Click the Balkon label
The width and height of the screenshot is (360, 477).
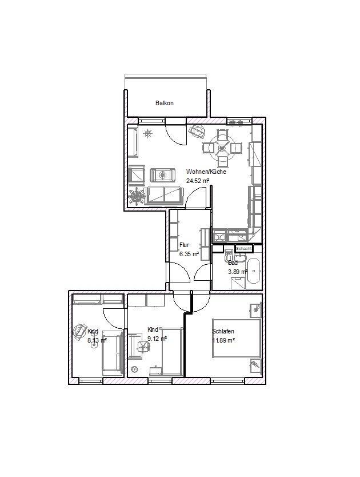[164, 104]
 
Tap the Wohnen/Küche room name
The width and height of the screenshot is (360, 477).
[205, 172]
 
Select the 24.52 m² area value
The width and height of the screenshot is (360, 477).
[197, 180]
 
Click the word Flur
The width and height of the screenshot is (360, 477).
[184, 245]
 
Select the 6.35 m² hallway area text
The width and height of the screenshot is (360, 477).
[189, 254]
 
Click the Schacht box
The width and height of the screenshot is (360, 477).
[244, 249]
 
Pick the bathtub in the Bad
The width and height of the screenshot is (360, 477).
[255, 271]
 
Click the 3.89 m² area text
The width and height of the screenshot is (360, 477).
[238, 272]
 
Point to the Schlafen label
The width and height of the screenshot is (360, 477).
[223, 331]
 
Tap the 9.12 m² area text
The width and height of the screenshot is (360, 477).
[157, 339]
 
